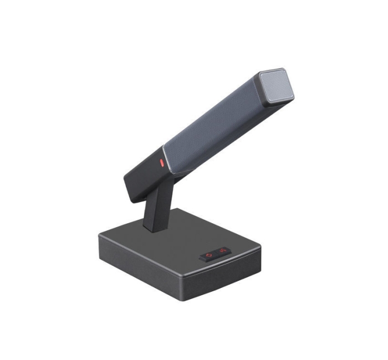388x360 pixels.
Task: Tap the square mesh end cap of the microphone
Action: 275,88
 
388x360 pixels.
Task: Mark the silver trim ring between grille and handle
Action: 167,160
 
